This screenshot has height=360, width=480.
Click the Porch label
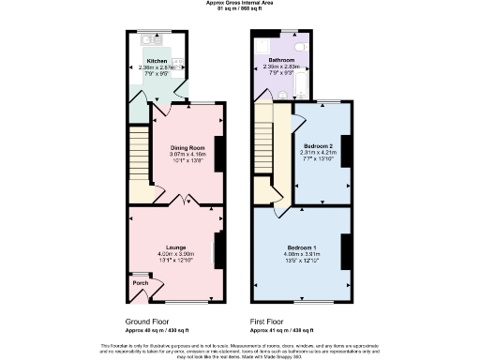(140, 282)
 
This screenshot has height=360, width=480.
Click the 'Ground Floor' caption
(151, 320)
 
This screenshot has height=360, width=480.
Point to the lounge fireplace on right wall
(217, 250)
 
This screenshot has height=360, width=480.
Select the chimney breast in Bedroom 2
(343, 153)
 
